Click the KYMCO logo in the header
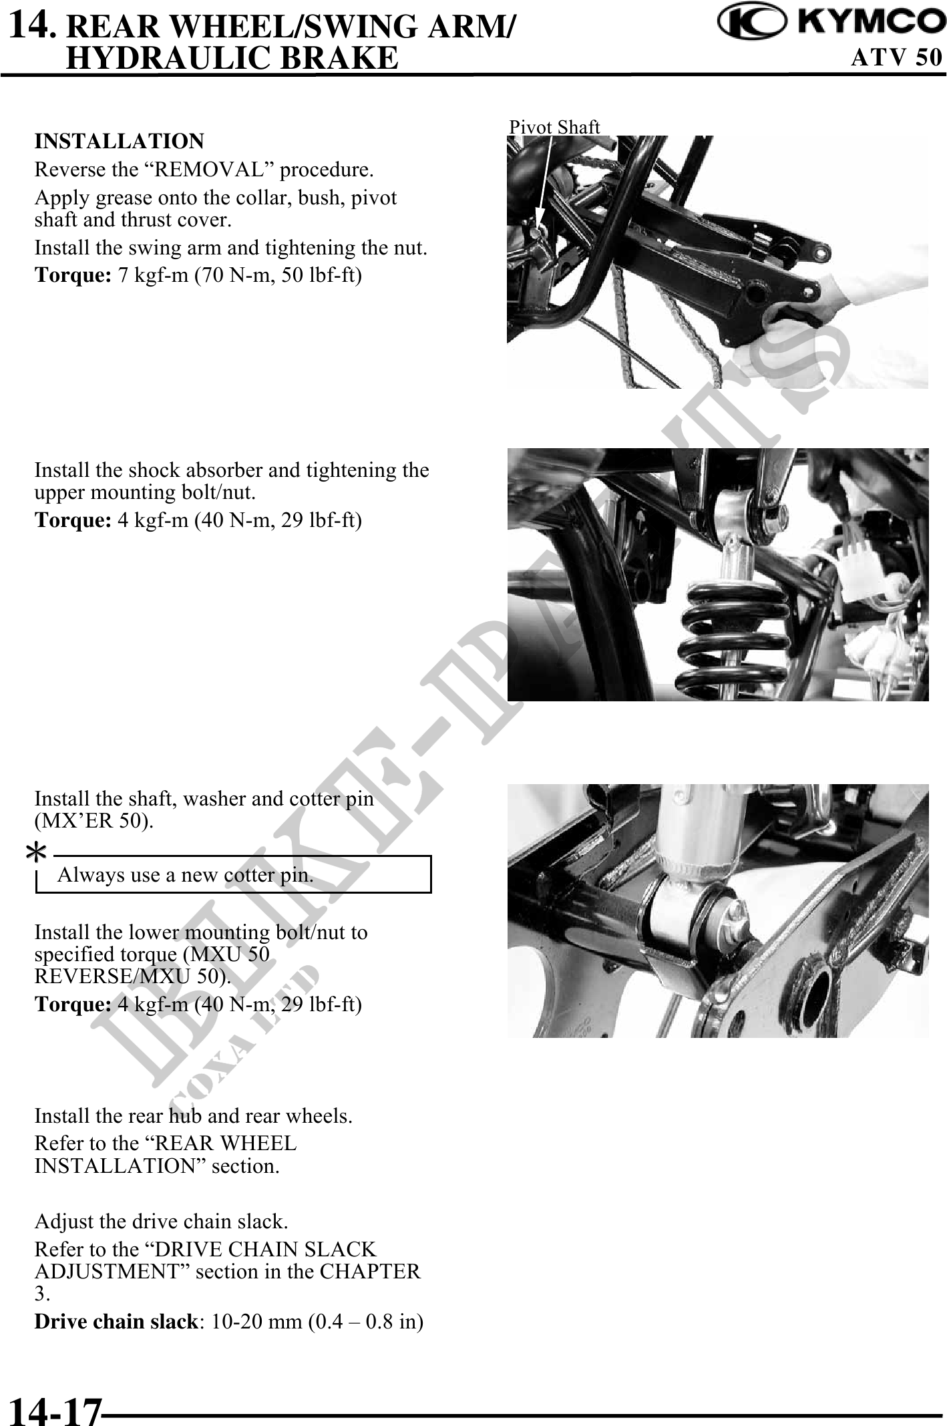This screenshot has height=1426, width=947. pyautogui.click(x=830, y=24)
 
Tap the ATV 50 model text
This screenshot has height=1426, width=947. pyautogui.click(x=897, y=57)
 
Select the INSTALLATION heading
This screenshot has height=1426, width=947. pyautogui.click(x=120, y=142)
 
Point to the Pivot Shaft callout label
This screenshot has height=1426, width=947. pyautogui.click(x=554, y=127)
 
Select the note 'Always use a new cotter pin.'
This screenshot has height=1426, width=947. pyautogui.click(x=186, y=875)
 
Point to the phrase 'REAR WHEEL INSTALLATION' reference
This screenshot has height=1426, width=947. pyautogui.click(x=166, y=1155)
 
